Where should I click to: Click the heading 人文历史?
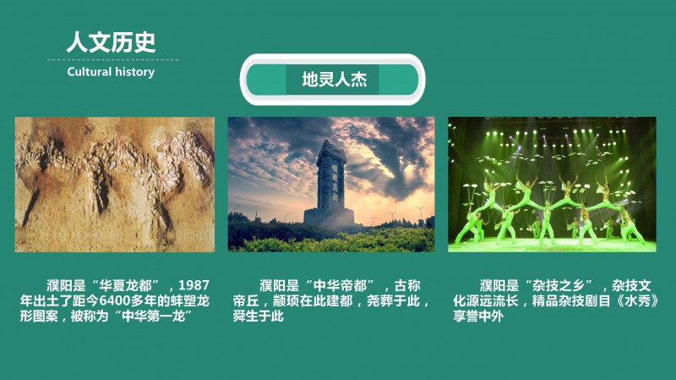point(111,41)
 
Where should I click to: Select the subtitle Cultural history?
point(111,72)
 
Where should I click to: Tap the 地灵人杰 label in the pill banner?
point(334,80)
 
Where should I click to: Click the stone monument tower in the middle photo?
point(330,181)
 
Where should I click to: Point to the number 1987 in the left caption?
point(194,285)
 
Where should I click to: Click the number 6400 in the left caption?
point(114,300)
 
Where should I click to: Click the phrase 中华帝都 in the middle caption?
point(340,285)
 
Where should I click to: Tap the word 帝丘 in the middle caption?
point(246,300)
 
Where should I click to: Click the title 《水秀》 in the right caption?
point(635,300)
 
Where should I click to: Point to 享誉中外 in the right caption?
point(478,316)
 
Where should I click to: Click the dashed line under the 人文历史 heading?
point(113,59)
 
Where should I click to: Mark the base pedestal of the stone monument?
point(330,217)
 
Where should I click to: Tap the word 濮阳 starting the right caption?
point(493,285)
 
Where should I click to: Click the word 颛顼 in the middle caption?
point(286,300)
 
